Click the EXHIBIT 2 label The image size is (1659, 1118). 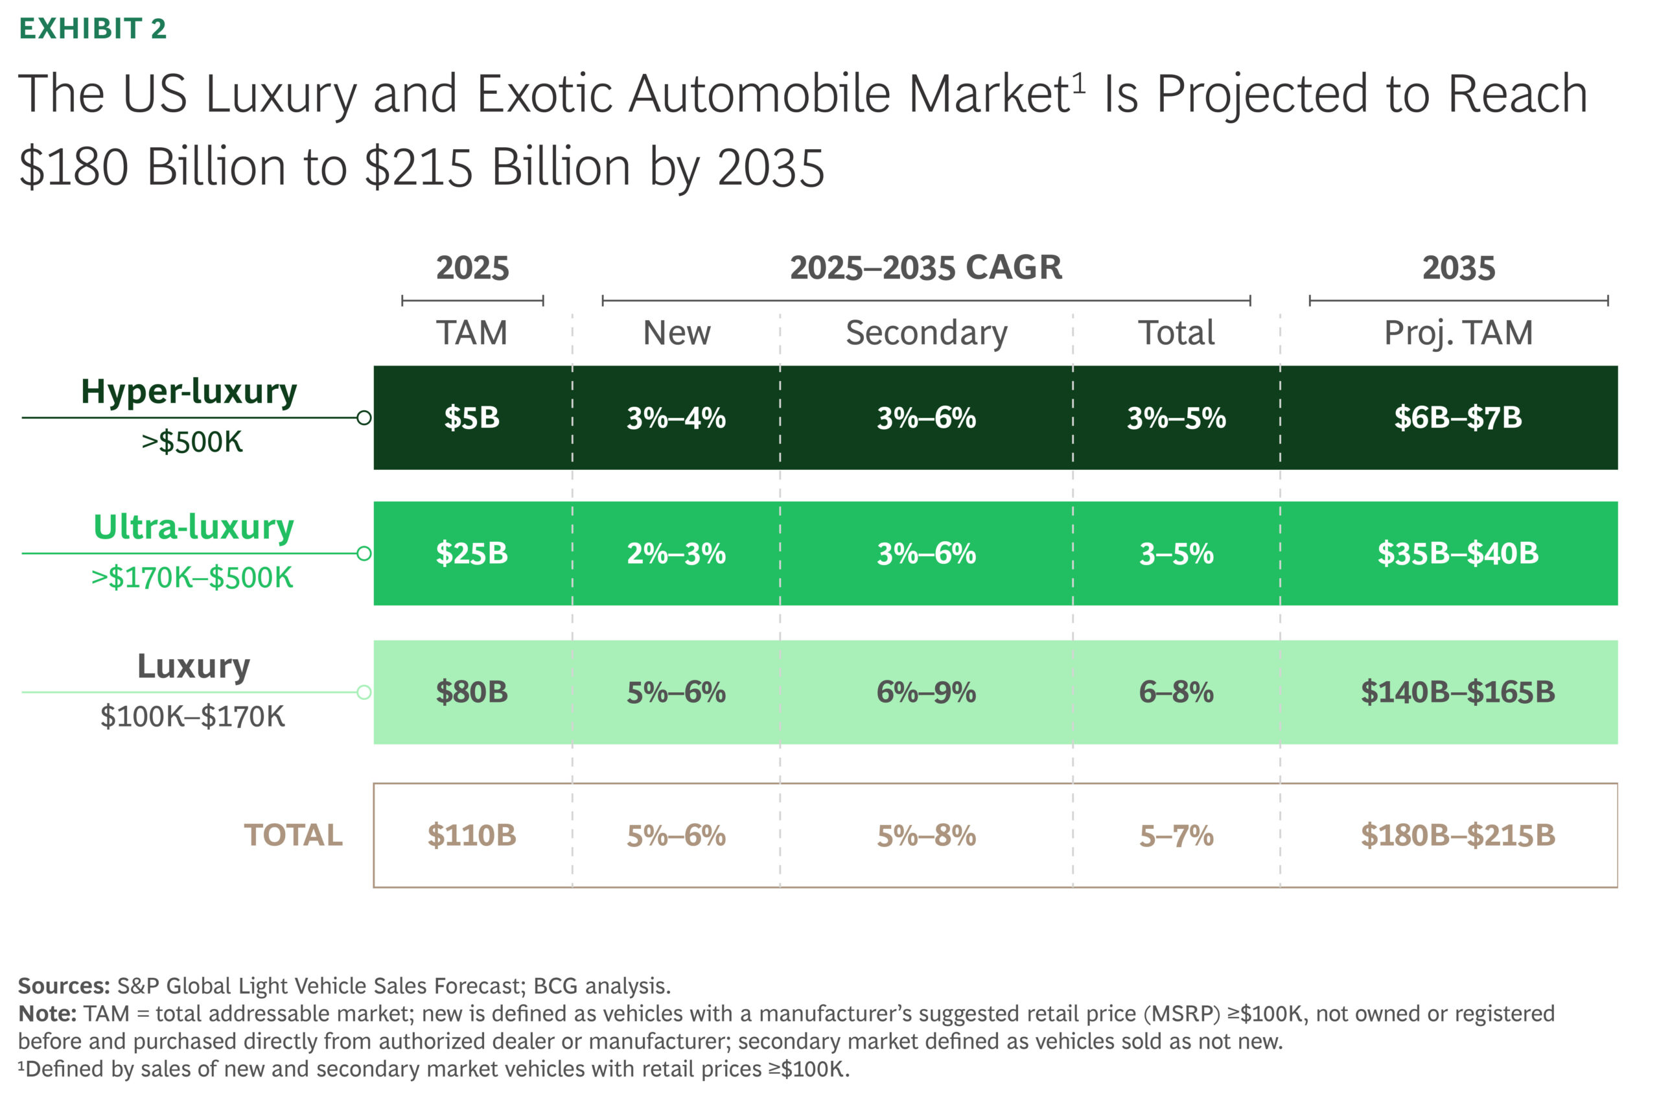pos(93,29)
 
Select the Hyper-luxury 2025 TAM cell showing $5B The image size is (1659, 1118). pos(471,417)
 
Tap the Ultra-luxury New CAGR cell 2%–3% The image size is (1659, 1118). pos(676,553)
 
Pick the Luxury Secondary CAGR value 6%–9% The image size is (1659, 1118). pos(925,692)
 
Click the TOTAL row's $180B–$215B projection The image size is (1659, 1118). pos(1457,835)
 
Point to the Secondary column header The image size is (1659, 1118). pos(926,333)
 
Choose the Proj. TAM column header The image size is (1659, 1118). pos(1458,333)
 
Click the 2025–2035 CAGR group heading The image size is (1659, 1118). pos(925,268)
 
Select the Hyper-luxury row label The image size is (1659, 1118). pos(189,391)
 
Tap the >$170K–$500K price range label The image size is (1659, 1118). pos(192,577)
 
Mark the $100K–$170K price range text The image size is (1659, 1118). pos(192,716)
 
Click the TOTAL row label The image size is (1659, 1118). pos(293,835)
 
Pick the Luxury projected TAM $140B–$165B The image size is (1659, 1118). pos(1457,692)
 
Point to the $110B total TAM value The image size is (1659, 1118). pos(471,835)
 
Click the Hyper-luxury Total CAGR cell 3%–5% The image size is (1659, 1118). pos(1176,417)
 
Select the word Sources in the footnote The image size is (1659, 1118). pos(64,986)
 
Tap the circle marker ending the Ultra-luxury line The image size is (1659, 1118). pos(364,553)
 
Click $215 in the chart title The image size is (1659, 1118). pos(419,168)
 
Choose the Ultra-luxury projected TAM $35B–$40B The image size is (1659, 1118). pos(1457,553)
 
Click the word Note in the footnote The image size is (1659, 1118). pos(47,1014)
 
